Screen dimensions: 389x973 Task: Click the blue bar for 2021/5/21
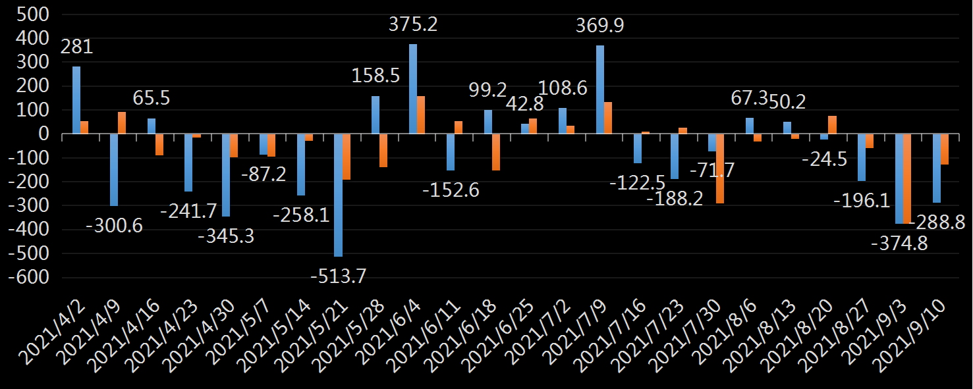tap(338, 195)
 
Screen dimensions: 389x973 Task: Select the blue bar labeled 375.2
tap(413, 89)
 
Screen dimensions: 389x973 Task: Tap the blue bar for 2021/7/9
tap(600, 90)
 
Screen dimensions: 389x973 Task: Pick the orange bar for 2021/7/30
tap(720, 169)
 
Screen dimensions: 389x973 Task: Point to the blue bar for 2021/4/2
tap(76, 100)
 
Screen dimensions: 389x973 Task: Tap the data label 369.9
tap(599, 26)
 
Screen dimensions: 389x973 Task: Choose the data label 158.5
tap(375, 75)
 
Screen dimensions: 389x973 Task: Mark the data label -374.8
tap(899, 243)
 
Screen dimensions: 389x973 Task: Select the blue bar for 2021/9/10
tap(937, 168)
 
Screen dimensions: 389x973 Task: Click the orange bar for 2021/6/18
tap(495, 152)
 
